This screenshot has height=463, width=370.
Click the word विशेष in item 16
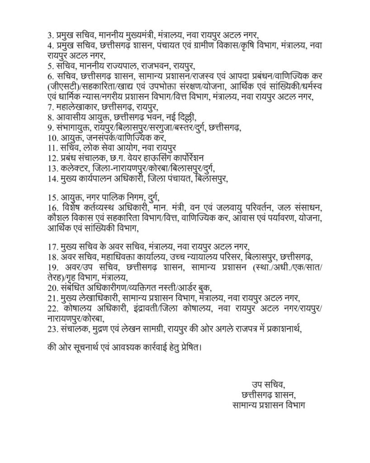[69, 208]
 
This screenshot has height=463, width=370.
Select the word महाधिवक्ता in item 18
[110, 257]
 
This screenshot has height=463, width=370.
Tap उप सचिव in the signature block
[267, 385]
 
